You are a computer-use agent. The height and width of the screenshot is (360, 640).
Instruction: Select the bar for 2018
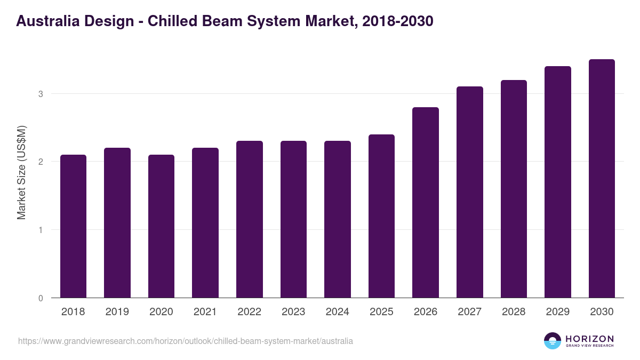tap(73, 226)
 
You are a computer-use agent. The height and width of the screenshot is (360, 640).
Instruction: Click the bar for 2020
tap(161, 226)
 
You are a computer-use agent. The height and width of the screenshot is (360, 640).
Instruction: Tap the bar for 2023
tap(293, 219)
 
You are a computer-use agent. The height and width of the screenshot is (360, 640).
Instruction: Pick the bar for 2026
tap(426, 203)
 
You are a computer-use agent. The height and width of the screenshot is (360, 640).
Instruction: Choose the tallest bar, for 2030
tap(602, 179)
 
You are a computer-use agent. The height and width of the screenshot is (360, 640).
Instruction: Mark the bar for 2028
tap(514, 189)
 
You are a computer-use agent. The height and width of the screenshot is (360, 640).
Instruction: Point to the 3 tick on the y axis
tap(40, 94)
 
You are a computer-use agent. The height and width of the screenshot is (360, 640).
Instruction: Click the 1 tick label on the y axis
tap(40, 230)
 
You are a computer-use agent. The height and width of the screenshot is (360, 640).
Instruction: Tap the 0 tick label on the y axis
tap(40, 298)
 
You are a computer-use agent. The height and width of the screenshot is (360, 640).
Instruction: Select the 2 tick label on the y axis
tap(40, 162)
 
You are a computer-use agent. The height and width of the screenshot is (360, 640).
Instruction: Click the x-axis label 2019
tap(117, 312)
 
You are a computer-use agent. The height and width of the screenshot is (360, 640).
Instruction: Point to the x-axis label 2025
tap(381, 312)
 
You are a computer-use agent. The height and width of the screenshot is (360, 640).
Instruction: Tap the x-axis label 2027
tap(469, 312)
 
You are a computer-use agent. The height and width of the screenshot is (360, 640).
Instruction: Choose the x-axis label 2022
tap(249, 312)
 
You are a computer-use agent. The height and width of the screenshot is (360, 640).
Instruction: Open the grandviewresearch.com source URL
tap(186, 341)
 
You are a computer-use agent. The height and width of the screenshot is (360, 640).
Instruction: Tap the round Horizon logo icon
tap(553, 341)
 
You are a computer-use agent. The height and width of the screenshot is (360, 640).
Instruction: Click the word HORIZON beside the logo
tap(589, 338)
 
